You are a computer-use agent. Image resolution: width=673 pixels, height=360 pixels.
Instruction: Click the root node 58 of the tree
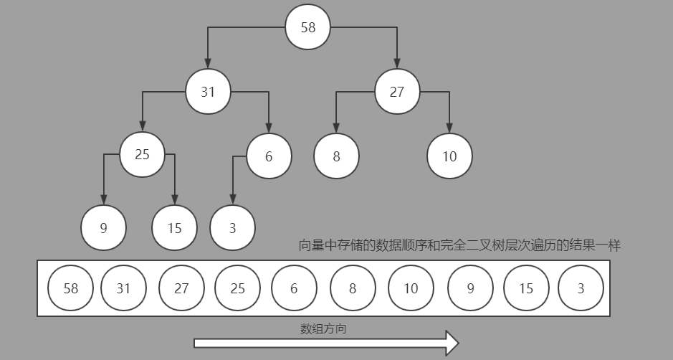coord(307,27)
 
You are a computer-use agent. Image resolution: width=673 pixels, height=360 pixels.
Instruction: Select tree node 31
coord(208,92)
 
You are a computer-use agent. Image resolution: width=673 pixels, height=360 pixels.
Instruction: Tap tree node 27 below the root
coord(396,92)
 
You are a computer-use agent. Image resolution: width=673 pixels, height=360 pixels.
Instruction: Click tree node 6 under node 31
coord(269,156)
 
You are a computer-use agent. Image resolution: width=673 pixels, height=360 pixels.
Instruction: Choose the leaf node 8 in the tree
coord(336,156)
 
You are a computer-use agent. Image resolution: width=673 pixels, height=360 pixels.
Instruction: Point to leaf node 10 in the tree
coord(449,156)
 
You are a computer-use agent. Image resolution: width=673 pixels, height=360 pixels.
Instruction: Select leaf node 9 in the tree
coord(103,228)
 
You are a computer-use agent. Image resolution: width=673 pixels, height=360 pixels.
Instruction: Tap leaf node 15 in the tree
coord(174,228)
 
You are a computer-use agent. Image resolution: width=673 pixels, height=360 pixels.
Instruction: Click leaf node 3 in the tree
coord(232,228)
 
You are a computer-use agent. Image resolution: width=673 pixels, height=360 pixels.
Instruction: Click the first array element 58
coord(70,288)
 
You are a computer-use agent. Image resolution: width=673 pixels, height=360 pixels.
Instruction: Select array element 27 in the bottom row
coord(181,288)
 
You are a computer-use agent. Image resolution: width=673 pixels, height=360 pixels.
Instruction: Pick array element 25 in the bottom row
coord(237,288)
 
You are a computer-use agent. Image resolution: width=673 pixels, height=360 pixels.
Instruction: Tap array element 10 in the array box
coord(411,288)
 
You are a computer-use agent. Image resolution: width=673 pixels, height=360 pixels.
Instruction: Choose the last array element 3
coord(581,288)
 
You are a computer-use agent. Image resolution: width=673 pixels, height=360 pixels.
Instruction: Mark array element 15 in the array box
coord(526,288)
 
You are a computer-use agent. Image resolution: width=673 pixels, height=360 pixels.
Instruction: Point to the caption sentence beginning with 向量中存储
coord(459,245)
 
